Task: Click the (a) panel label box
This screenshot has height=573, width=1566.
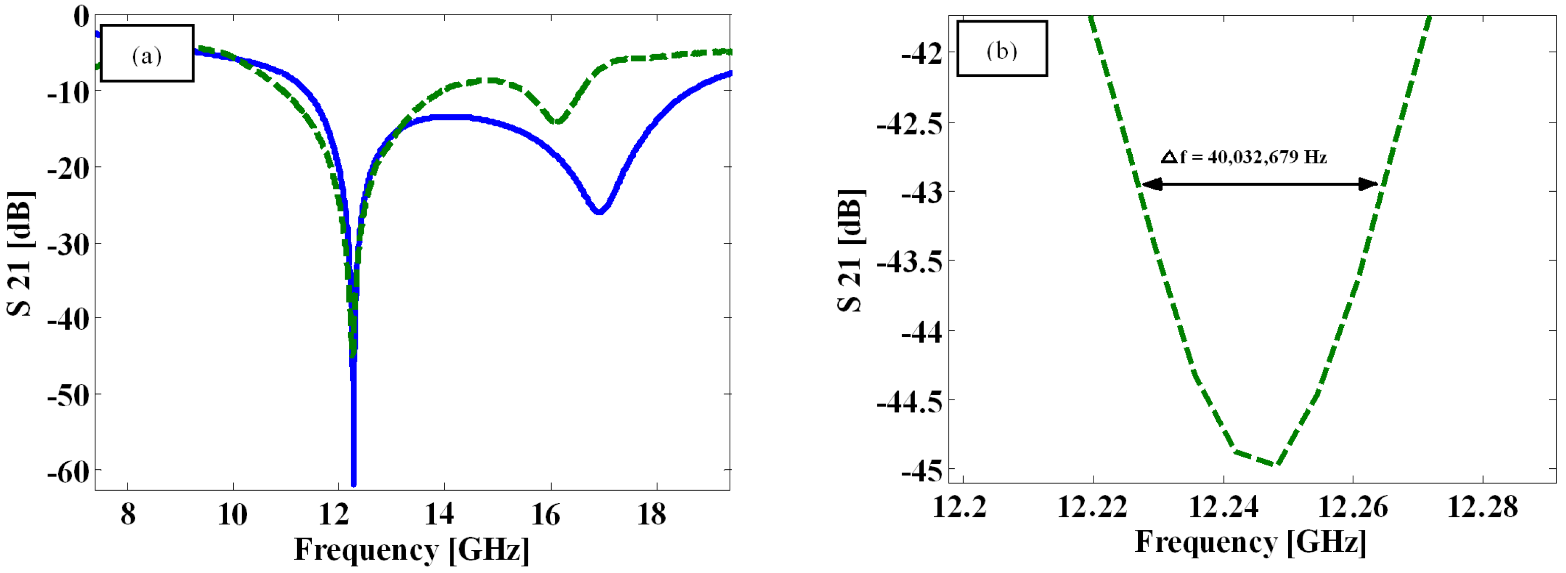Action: [x=147, y=54]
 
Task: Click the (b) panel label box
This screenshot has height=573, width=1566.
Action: [x=1001, y=49]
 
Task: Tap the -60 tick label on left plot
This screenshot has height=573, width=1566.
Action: [x=68, y=471]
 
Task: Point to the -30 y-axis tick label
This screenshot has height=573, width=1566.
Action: [x=68, y=244]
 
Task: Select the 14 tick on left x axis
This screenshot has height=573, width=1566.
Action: [x=439, y=515]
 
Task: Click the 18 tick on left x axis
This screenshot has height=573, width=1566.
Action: [x=651, y=515]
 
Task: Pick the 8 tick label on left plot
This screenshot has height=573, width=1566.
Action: [x=128, y=515]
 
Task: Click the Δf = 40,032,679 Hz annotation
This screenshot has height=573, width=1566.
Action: [x=1244, y=157]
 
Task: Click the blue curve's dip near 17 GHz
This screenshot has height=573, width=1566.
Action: [x=599, y=211]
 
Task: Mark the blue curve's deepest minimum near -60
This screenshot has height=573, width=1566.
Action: [x=353, y=483]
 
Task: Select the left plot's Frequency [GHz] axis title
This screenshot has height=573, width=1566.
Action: [x=411, y=550]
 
